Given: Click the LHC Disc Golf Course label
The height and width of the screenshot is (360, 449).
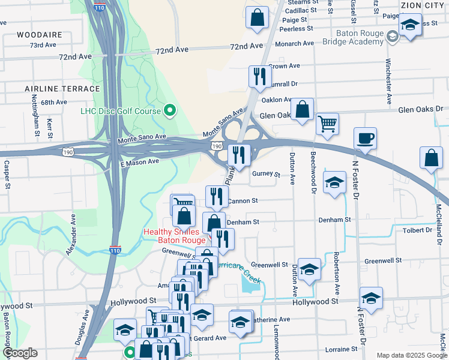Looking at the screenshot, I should [121, 111].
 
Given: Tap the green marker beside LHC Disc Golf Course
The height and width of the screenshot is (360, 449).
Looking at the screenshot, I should [170, 110].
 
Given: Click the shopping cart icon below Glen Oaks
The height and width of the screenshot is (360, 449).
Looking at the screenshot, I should [327, 124].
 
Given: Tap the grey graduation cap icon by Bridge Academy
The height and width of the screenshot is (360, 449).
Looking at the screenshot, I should [392, 37].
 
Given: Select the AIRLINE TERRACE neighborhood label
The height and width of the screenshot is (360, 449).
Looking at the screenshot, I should [62, 89].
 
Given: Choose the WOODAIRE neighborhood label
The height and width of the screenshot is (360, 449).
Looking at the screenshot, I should [40, 35].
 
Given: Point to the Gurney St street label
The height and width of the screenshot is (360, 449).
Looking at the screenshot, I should [266, 174].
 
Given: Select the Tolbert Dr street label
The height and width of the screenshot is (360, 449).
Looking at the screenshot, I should [418, 230].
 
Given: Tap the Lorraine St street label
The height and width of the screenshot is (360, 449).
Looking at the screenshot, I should [341, 348].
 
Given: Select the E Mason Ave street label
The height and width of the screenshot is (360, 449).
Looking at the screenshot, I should [139, 162].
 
